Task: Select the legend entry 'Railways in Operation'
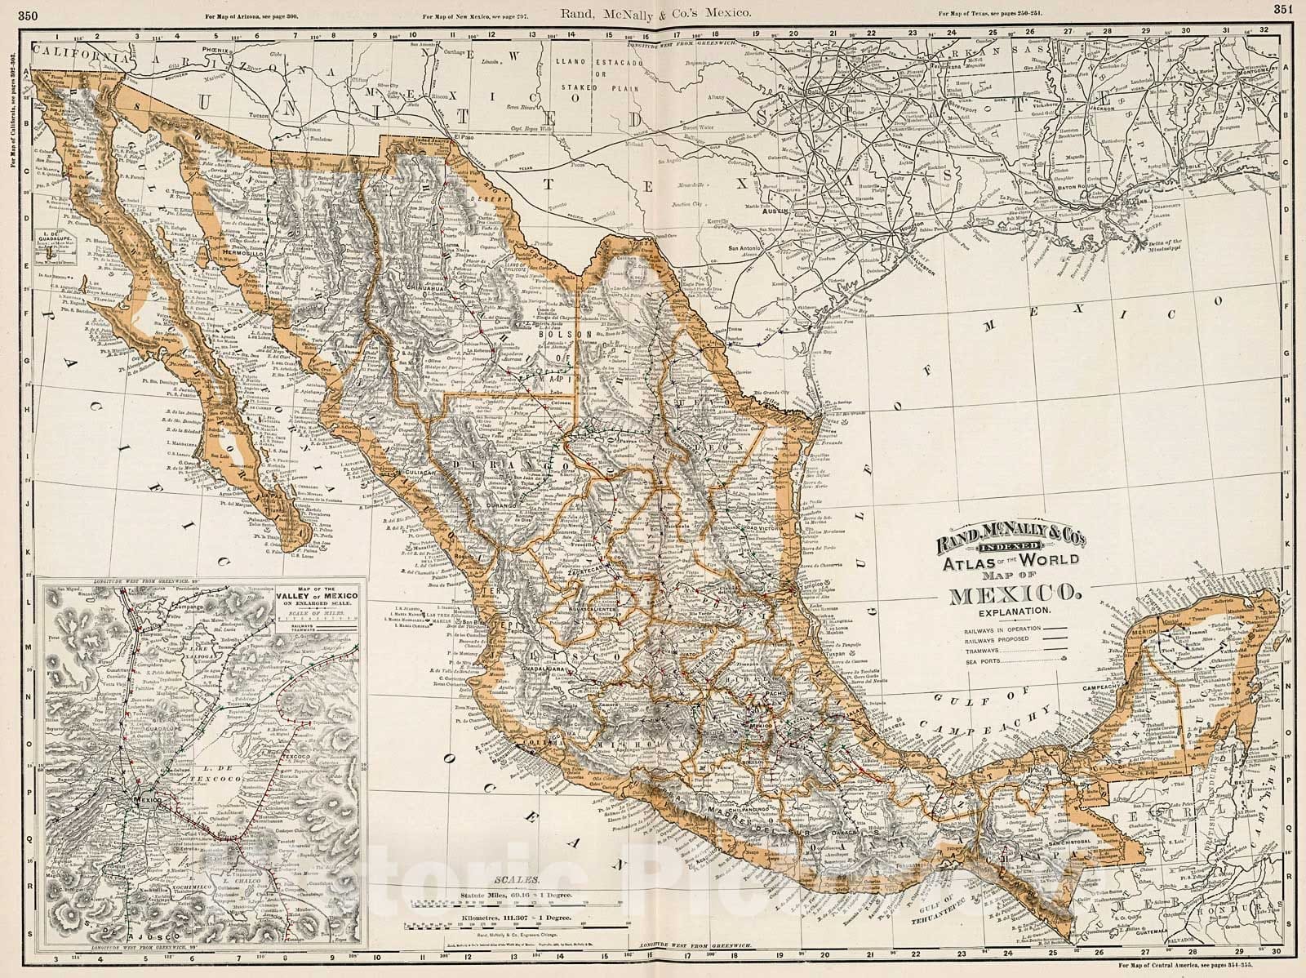click(986, 627)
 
